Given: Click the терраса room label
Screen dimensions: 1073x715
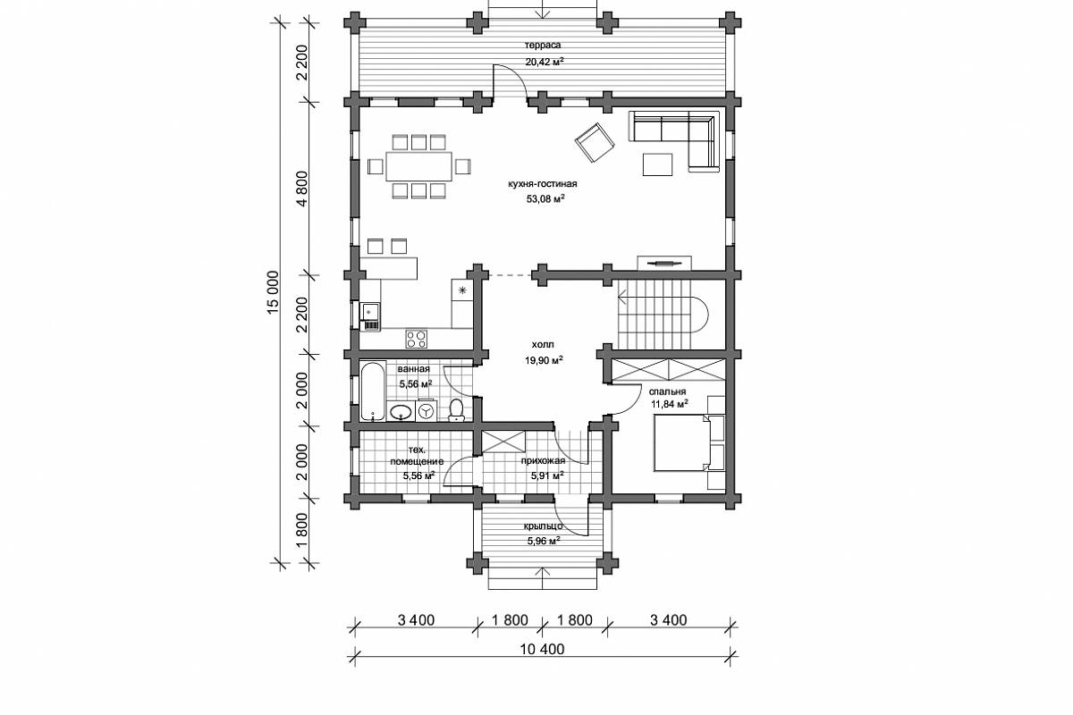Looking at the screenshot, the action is click(x=543, y=46).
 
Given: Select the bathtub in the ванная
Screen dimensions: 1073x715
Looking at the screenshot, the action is click(x=373, y=391).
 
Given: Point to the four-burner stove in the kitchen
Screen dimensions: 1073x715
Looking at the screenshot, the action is click(x=417, y=339).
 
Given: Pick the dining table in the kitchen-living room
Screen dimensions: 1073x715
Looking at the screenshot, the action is click(x=419, y=166).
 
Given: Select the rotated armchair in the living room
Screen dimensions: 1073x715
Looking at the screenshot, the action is click(x=595, y=142).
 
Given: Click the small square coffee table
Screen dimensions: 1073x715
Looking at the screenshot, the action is click(x=658, y=164).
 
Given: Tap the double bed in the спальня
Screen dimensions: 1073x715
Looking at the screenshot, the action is click(x=681, y=443).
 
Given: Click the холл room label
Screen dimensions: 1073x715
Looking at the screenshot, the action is click(x=543, y=345).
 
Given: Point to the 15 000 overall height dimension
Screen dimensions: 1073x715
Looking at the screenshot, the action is click(x=273, y=292).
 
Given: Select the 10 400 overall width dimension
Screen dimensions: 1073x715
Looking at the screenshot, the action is click(x=542, y=649).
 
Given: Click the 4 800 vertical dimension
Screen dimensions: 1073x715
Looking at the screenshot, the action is click(x=302, y=189).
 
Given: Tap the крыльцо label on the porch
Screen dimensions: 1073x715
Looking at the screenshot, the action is click(x=543, y=526).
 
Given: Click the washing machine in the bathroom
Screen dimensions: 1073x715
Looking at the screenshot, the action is click(x=426, y=410).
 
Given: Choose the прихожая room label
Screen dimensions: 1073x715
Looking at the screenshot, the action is click(x=544, y=461).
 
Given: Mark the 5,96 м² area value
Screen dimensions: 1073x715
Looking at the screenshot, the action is click(x=545, y=541).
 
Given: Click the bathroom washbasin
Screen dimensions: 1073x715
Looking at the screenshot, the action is click(x=401, y=411).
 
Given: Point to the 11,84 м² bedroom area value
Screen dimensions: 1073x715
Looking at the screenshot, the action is click(x=669, y=404).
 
